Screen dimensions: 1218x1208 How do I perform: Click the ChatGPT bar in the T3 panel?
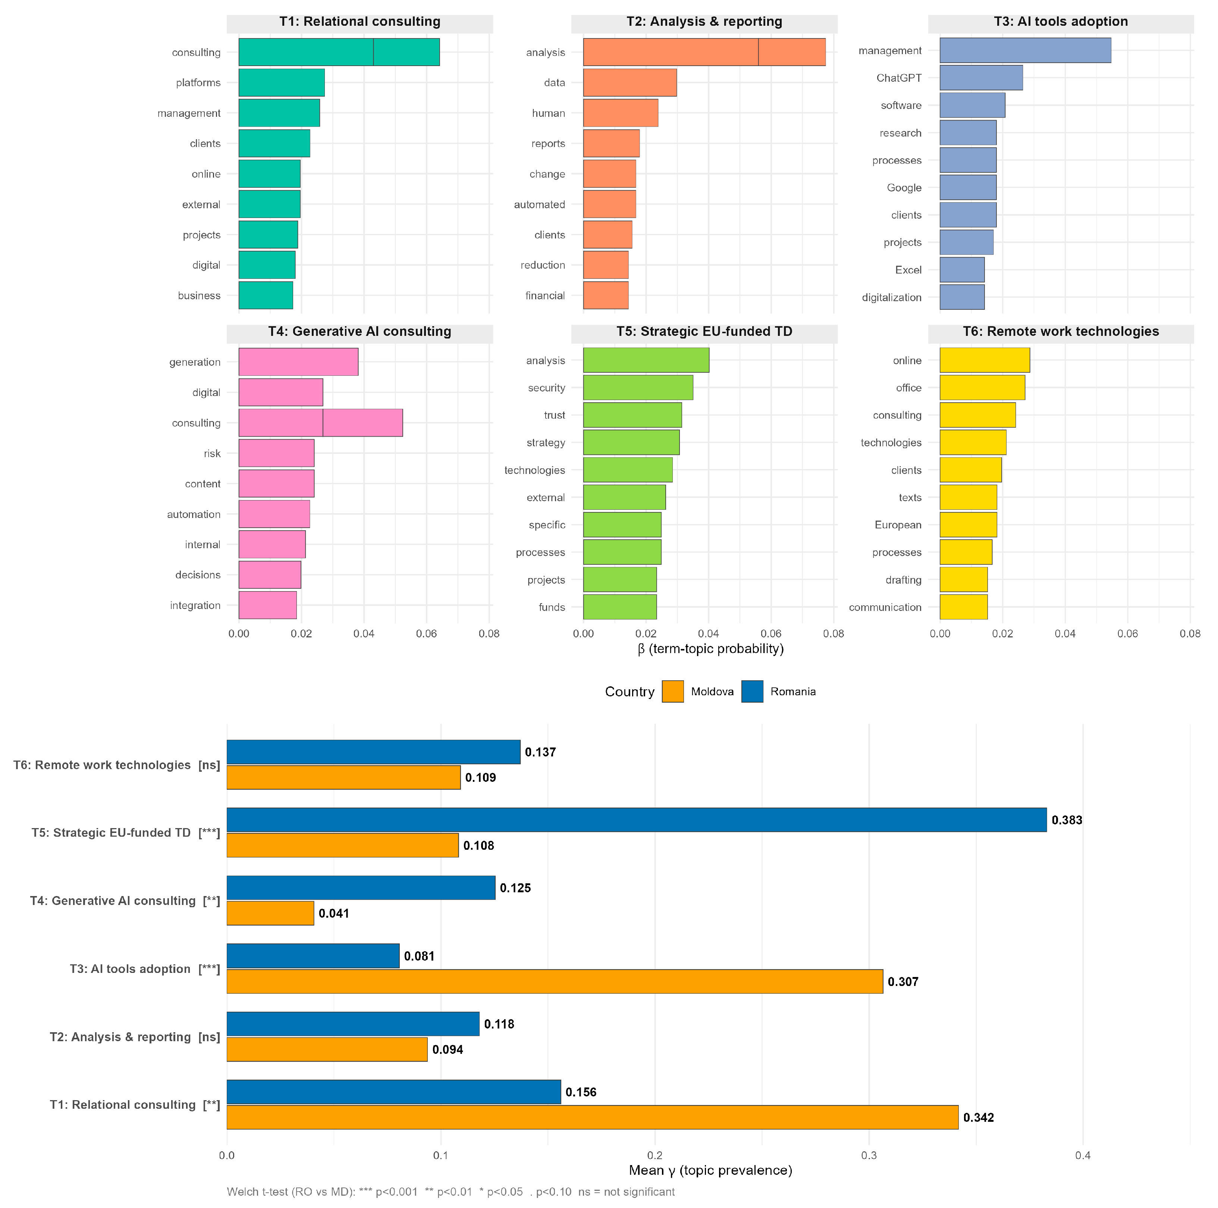(981, 78)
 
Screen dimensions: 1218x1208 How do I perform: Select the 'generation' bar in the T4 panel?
(298, 362)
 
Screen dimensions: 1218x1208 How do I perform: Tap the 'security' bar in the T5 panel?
(638, 387)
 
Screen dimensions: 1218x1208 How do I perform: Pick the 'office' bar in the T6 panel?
(982, 387)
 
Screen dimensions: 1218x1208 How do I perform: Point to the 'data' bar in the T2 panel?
(630, 82)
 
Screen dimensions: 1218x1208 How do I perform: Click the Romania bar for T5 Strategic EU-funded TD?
(637, 820)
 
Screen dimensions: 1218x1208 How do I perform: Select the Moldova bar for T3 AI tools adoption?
(555, 981)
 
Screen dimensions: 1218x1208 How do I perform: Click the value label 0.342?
(979, 1117)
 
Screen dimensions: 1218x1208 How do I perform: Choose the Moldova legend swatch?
(673, 692)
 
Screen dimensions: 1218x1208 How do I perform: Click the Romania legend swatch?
(752, 692)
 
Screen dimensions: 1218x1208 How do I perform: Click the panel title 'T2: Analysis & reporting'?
(704, 21)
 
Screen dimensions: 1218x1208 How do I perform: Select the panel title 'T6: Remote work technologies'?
(1061, 331)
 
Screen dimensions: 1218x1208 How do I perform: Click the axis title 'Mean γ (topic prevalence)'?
(710, 1170)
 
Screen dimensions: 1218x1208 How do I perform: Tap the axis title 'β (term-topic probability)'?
(710, 649)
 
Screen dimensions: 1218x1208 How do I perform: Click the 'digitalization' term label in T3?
(891, 297)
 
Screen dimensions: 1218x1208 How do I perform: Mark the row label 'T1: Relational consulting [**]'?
(135, 1105)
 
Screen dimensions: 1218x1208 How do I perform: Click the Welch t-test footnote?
(451, 1192)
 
